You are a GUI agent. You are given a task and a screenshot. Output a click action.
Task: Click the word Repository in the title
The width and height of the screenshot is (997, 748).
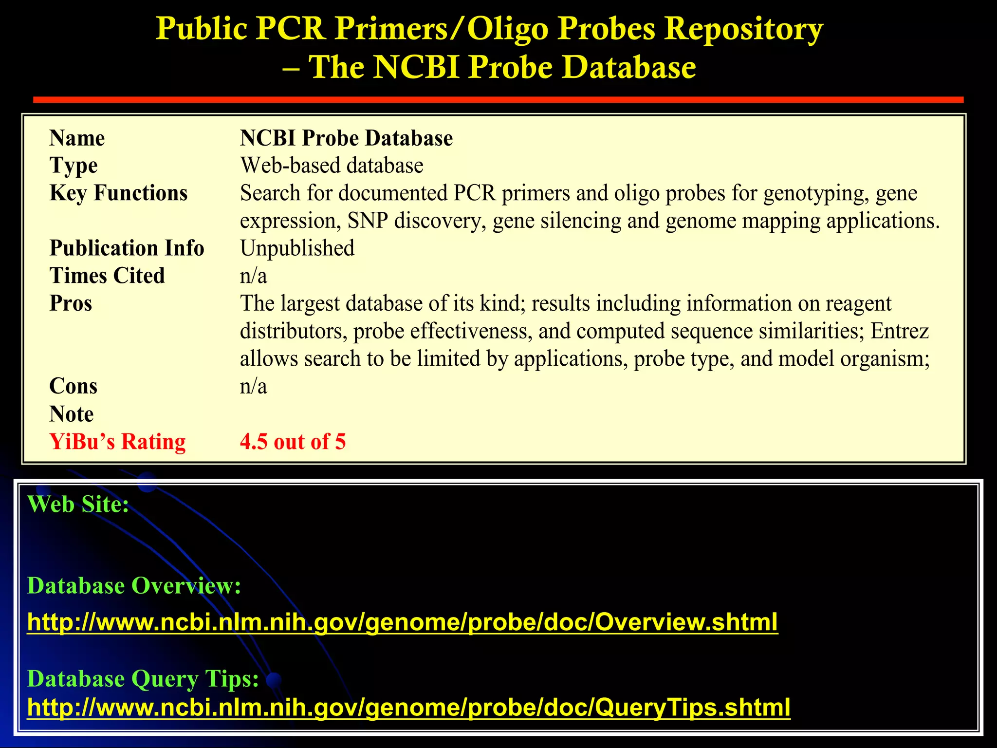click(743, 29)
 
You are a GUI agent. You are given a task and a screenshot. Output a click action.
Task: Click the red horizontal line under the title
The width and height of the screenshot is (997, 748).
click(498, 100)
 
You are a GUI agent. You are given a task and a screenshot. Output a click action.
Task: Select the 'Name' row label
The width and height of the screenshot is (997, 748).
click(77, 138)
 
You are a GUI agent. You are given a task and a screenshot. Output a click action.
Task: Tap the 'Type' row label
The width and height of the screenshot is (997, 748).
click(74, 166)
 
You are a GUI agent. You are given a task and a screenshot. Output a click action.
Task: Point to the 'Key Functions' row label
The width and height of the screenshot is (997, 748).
click(118, 193)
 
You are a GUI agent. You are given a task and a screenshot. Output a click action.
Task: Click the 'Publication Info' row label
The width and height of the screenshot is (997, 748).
click(127, 248)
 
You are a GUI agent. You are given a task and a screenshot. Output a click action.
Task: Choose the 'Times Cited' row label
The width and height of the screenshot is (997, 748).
click(107, 276)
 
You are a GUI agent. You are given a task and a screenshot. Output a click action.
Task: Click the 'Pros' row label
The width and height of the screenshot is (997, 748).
click(71, 303)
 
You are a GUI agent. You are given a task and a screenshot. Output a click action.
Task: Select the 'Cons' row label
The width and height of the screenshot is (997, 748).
click(73, 386)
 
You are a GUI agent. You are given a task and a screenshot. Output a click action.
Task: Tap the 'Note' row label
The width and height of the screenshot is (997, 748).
click(71, 414)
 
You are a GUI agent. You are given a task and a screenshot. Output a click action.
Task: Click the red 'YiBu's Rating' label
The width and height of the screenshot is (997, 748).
click(117, 442)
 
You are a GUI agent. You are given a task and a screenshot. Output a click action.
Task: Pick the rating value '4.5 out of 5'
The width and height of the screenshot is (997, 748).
click(293, 442)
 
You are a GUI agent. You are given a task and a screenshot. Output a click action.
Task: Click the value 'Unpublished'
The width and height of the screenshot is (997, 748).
click(297, 248)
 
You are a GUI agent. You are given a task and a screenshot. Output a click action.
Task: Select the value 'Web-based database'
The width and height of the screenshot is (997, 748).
click(332, 166)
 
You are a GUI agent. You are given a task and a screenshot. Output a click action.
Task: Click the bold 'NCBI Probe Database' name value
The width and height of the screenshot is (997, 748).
click(346, 138)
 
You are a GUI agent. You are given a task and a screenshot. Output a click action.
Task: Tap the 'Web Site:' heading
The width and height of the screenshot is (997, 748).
click(78, 504)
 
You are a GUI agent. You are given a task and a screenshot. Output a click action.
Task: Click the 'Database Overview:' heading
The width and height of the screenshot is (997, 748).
click(134, 585)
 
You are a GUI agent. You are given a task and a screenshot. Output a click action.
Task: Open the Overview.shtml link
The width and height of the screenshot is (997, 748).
click(403, 622)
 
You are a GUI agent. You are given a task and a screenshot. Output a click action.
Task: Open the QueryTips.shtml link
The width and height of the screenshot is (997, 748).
click(408, 708)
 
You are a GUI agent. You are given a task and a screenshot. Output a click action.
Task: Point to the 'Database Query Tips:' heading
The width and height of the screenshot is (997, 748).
click(143, 678)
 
